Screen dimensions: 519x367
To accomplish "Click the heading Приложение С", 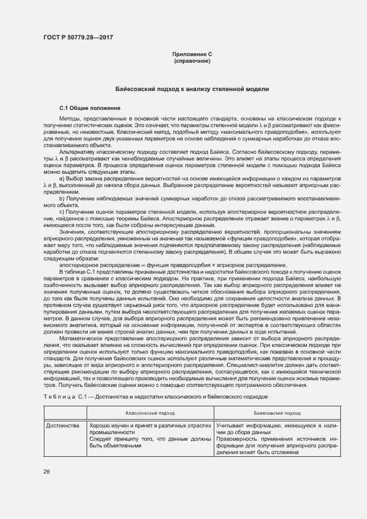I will point(192,54).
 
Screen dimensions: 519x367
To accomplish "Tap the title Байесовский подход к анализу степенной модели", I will point(192,89).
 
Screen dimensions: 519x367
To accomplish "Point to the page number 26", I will point(47,472).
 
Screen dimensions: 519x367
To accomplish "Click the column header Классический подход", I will point(149,413).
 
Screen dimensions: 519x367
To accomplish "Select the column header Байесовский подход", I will point(277,413).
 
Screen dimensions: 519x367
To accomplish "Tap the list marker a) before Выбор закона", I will point(62,178).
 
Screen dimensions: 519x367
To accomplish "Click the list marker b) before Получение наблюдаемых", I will point(62,198).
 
